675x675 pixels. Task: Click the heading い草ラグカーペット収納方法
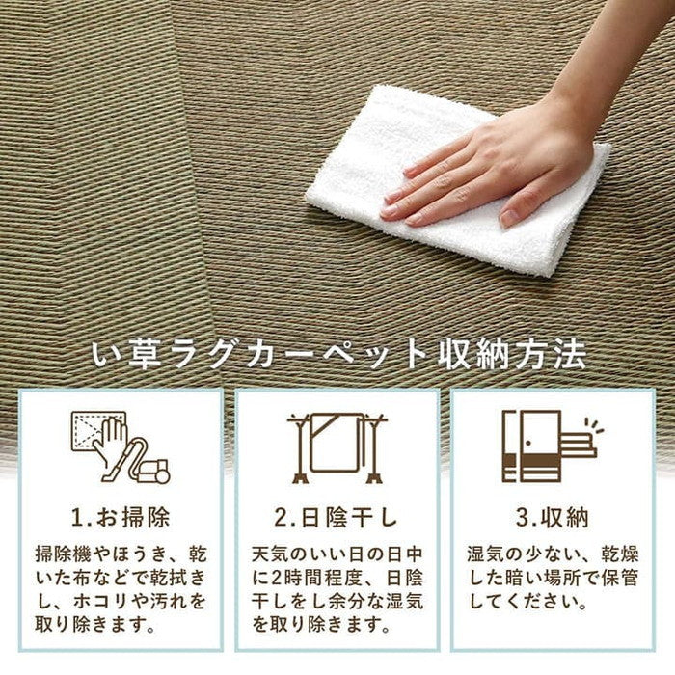(x=337, y=355)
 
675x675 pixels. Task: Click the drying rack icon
(x=337, y=446)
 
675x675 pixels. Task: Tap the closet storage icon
(x=550, y=445)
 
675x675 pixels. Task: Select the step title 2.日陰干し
(x=337, y=518)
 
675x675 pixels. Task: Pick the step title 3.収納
(x=552, y=518)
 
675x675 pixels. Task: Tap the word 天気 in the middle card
(x=273, y=555)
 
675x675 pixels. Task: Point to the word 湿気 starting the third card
(x=488, y=555)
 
